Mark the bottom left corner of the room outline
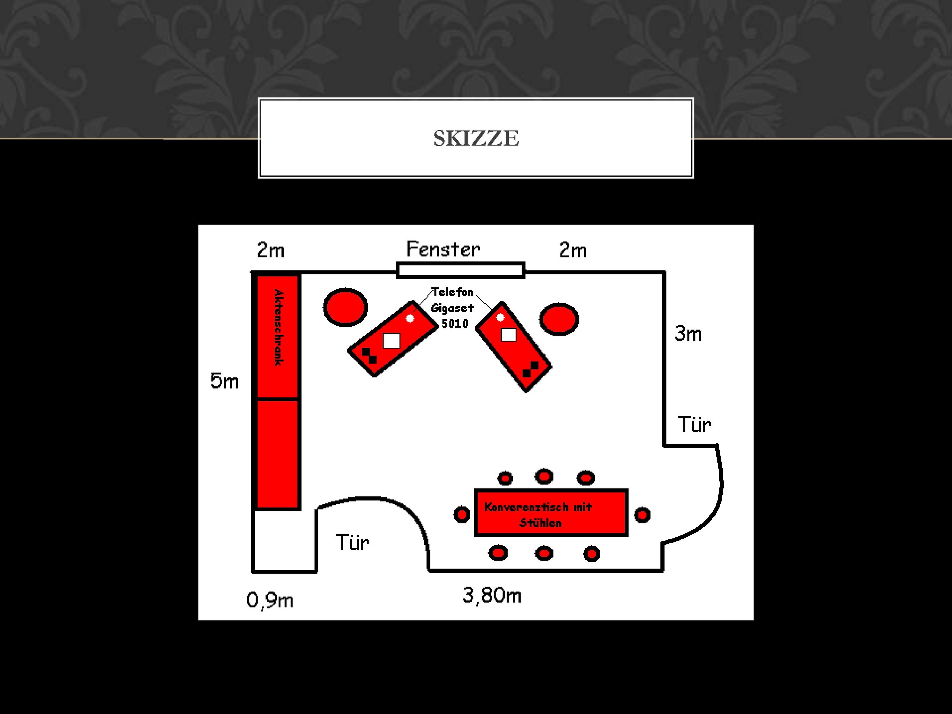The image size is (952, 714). click(x=253, y=571)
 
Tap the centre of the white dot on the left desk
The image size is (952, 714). click(x=410, y=318)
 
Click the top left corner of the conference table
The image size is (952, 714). click(x=476, y=490)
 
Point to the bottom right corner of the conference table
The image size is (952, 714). click(x=627, y=535)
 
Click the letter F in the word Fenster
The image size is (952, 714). click(x=412, y=249)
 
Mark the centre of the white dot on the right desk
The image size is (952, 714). click(x=500, y=317)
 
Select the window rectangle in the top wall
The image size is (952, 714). click(x=460, y=270)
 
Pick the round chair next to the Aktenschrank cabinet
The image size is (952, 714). click(x=345, y=307)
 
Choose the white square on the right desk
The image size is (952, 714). click(x=509, y=334)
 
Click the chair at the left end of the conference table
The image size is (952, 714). click(x=461, y=514)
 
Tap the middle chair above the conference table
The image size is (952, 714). click(x=544, y=476)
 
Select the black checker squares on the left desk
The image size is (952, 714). click(x=369, y=356)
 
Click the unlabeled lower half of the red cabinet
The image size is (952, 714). click(x=277, y=454)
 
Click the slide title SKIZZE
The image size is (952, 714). click(x=476, y=138)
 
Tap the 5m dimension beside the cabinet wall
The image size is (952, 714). click(x=224, y=381)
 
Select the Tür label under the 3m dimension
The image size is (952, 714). click(x=694, y=424)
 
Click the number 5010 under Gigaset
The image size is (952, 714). click(x=455, y=323)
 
